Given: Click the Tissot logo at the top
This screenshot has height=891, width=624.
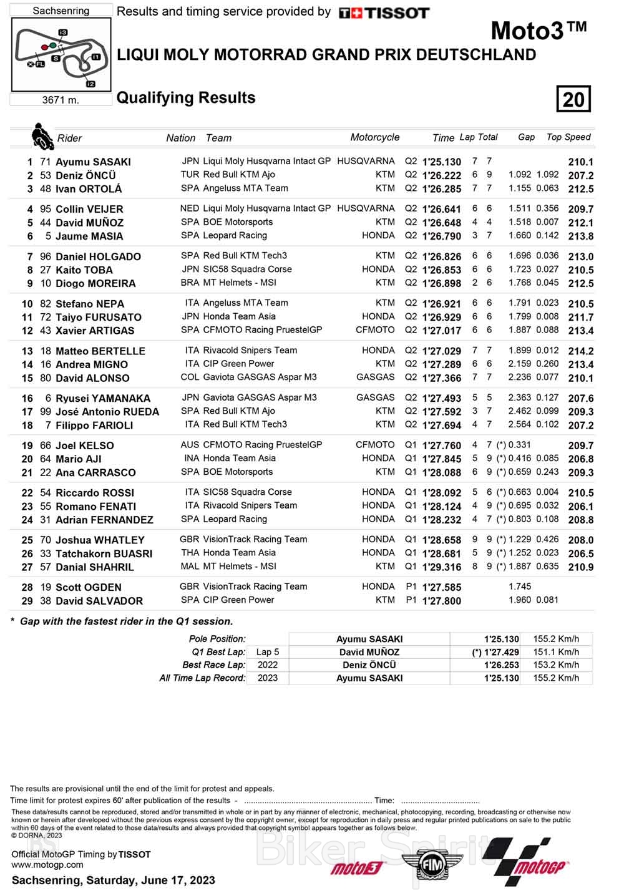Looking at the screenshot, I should pyautogui.click(x=384, y=13).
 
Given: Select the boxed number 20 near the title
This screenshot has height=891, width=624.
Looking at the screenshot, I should pyautogui.click(x=573, y=99).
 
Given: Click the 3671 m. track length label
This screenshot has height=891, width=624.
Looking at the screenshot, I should pyautogui.click(x=61, y=100).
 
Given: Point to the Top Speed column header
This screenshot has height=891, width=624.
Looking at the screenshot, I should pyautogui.click(x=568, y=137).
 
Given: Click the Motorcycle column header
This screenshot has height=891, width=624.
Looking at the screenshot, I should pyautogui.click(x=374, y=137).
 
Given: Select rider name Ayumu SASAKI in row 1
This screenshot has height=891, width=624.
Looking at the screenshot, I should pyautogui.click(x=93, y=162).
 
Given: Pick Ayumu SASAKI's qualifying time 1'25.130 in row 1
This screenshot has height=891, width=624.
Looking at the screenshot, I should pyautogui.click(x=442, y=162).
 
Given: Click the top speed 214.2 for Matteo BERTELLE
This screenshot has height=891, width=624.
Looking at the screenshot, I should pyautogui.click(x=580, y=351).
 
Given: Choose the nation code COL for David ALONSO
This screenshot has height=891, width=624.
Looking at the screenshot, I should pyautogui.click(x=190, y=377).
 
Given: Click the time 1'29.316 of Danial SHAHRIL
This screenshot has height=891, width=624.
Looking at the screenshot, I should pyautogui.click(x=442, y=567).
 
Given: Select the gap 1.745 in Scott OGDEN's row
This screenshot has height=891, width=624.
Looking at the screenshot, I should pyautogui.click(x=520, y=587).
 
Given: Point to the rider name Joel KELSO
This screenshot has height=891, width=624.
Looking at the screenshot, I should pyautogui.click(x=85, y=446).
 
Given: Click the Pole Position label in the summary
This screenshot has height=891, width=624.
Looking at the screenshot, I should pyautogui.click(x=217, y=639).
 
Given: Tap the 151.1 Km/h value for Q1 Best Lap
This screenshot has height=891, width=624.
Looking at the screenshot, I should pyautogui.click(x=556, y=652).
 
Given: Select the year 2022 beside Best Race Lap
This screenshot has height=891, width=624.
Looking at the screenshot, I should pyautogui.click(x=268, y=665).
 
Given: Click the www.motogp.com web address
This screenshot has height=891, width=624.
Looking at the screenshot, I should pyautogui.click(x=47, y=865).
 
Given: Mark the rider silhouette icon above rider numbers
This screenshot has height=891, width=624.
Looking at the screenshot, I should pyautogui.click(x=42, y=137).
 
